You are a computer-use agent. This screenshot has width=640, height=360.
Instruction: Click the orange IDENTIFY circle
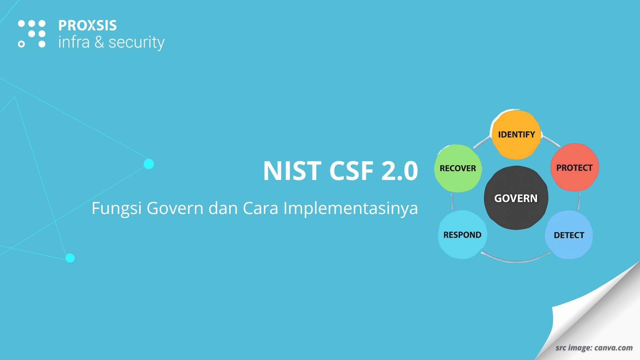[516, 134]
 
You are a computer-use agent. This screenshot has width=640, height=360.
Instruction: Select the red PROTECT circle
[575, 167]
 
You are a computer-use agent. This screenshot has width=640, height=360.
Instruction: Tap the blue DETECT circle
[569, 235]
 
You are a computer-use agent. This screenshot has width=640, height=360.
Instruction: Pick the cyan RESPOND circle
[462, 235]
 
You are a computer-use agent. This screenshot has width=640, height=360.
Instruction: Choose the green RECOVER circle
[458, 168]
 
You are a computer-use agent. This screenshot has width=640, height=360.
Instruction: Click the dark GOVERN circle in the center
[516, 198]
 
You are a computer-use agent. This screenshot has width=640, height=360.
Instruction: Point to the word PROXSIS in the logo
[87, 26]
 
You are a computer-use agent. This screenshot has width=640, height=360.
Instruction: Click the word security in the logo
[136, 43]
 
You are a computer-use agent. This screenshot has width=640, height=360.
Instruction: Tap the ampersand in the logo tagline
[99, 43]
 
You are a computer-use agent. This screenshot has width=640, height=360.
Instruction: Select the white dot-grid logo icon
[32, 34]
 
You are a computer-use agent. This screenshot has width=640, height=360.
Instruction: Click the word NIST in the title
[292, 171]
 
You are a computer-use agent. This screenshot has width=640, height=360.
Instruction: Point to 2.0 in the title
[399, 171]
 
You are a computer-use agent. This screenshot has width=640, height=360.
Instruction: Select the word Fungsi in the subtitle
[117, 209]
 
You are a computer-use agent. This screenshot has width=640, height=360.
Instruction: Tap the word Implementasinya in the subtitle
[350, 209]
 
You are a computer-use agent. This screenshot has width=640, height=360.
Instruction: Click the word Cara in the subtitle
[260, 208]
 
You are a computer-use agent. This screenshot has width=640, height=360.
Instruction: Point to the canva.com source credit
[613, 348]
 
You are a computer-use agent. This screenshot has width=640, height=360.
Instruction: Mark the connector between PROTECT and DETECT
[579, 201]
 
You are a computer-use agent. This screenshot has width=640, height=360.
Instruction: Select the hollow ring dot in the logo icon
[21, 44]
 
